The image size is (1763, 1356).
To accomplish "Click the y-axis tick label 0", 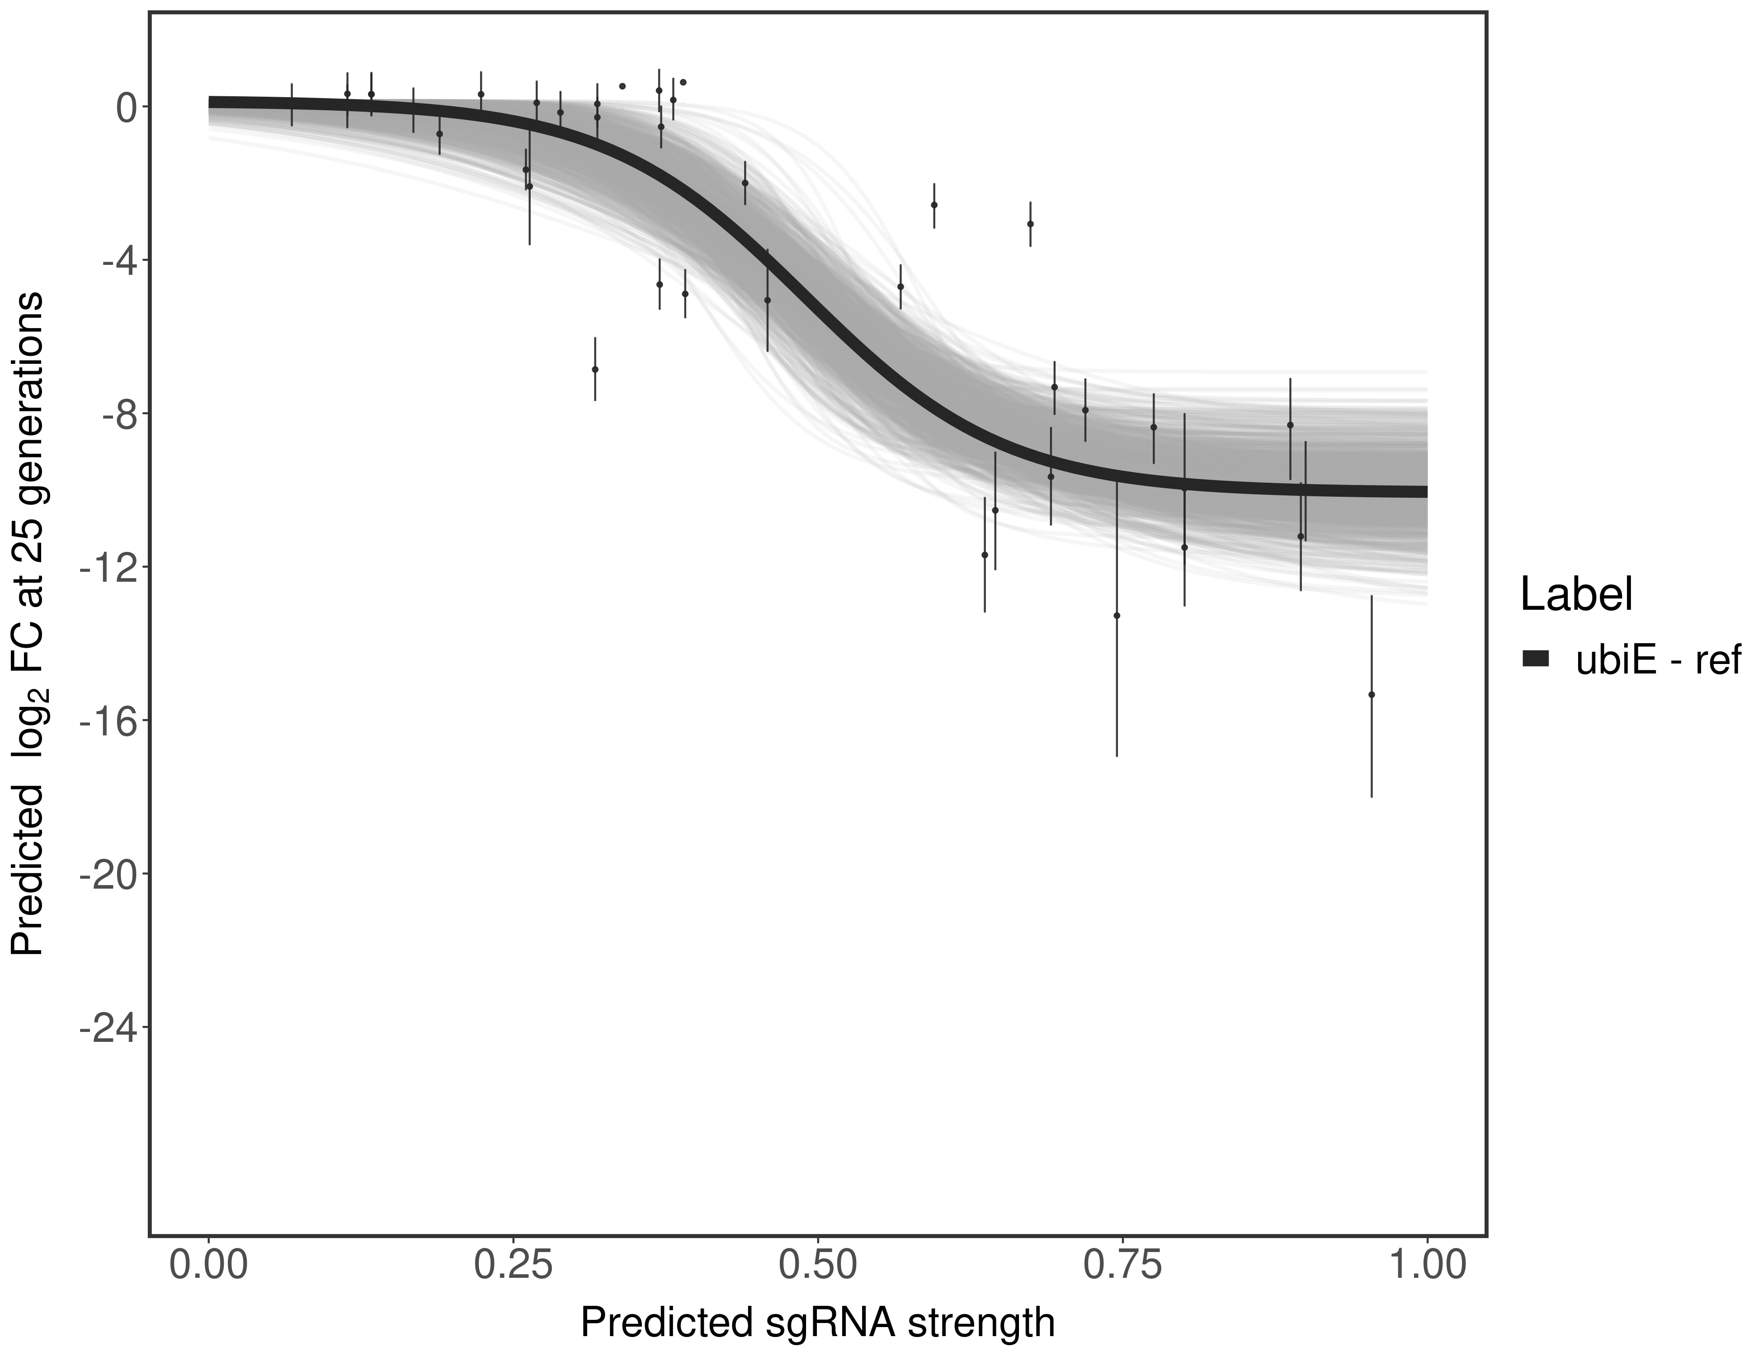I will click(x=126, y=108).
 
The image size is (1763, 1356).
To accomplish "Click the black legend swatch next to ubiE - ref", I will click(x=1535, y=659).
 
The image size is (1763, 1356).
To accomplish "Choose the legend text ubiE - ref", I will click(x=1659, y=659).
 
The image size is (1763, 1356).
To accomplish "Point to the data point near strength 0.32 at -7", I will click(x=595, y=369).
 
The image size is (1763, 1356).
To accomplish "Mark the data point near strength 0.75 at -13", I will click(x=1117, y=615).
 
